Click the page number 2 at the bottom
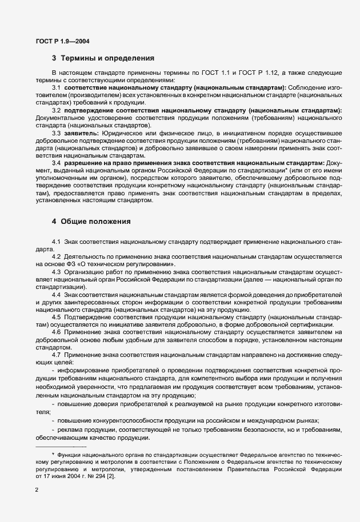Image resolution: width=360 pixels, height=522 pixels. point(37,489)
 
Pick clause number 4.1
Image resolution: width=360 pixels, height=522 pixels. point(57,242)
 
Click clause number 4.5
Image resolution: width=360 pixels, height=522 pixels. point(57,316)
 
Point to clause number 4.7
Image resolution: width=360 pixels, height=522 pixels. point(57,355)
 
